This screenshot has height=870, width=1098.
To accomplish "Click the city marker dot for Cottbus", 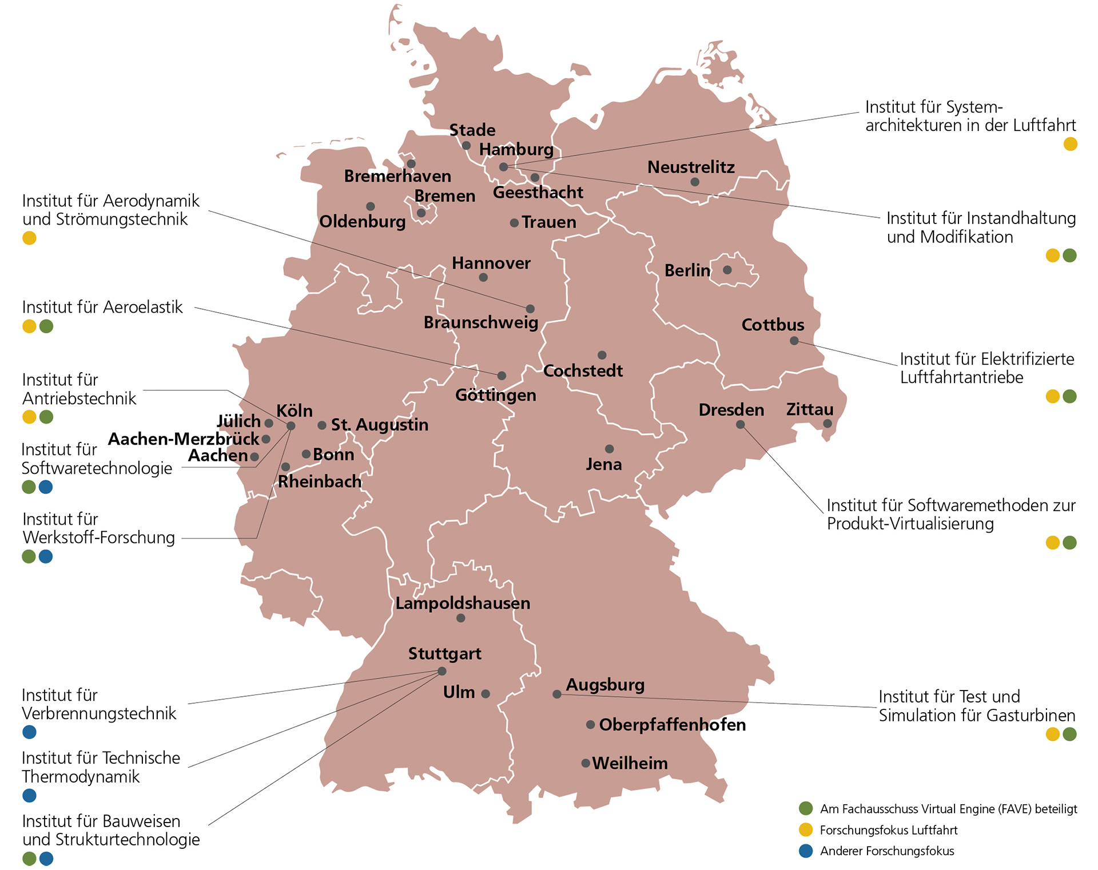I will [x=794, y=341].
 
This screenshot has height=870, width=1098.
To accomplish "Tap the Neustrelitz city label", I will [x=691, y=167].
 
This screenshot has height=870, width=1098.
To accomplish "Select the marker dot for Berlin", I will [x=727, y=270].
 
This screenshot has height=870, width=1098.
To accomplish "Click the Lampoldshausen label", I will [x=462, y=603].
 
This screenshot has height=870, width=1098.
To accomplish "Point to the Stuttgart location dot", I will [x=441, y=671].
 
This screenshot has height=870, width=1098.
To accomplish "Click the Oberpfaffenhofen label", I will [x=672, y=725].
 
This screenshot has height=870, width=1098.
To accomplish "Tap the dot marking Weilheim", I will [x=586, y=763].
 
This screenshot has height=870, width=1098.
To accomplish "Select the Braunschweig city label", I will [x=480, y=323].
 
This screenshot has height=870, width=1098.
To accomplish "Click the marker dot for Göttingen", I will [x=502, y=376].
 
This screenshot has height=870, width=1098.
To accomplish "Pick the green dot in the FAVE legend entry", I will [x=806, y=808].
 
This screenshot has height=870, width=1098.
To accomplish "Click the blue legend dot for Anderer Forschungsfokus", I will [x=806, y=851].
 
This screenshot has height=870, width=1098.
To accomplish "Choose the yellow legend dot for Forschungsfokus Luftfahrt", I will [x=806, y=829].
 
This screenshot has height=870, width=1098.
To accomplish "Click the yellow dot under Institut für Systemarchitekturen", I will [x=1070, y=144].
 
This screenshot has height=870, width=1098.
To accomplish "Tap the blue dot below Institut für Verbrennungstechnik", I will [x=29, y=732].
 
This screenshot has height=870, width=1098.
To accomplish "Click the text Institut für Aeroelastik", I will [x=102, y=308].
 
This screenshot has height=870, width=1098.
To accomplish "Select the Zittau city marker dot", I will [x=827, y=424].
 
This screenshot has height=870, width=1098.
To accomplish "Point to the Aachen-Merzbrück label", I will [x=184, y=439].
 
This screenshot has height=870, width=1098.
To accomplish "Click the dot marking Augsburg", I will [x=556, y=694].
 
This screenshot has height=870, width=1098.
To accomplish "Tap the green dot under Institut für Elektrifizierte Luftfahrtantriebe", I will [x=1069, y=396].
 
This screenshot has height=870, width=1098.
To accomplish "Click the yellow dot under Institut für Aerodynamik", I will [x=29, y=238].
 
